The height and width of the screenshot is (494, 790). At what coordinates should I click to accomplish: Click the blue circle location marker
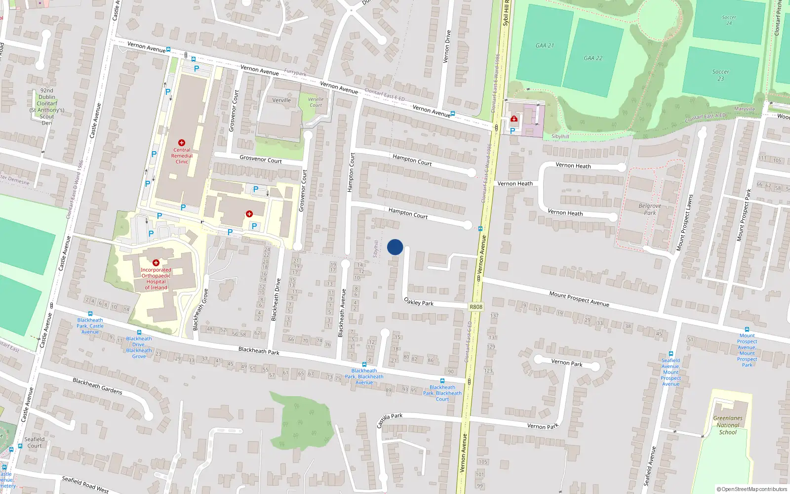click(x=395, y=247)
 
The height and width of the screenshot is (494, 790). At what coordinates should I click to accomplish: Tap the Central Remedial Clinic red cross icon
click(x=182, y=143)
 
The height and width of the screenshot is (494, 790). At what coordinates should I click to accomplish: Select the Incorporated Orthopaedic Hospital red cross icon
click(x=156, y=263)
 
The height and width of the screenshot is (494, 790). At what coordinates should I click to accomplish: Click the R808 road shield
click(x=476, y=307)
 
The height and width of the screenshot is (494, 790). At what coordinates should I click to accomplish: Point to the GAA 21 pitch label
click(x=545, y=45)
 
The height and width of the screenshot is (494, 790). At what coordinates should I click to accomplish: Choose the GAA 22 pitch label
click(x=593, y=58)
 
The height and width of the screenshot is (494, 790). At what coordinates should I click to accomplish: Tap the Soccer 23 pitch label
click(x=720, y=75)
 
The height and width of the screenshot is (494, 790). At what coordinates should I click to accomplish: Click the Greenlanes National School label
click(x=728, y=425)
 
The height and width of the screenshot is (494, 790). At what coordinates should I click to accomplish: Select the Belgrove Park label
click(x=650, y=209)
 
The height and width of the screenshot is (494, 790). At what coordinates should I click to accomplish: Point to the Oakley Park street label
click(x=419, y=301)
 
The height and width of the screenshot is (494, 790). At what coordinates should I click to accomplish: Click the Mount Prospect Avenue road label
click(x=579, y=298)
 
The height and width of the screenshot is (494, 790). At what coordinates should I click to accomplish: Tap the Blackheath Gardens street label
click(x=97, y=386)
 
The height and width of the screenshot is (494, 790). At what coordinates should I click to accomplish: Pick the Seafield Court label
click(x=35, y=442)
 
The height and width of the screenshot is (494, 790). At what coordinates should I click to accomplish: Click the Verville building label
click(x=281, y=100)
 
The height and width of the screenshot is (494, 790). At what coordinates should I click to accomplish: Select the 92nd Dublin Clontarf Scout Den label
click(x=47, y=107)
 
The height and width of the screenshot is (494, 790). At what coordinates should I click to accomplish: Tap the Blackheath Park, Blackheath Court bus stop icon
click(x=442, y=381)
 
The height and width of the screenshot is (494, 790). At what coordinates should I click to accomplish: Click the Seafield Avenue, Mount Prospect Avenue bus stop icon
click(x=671, y=354)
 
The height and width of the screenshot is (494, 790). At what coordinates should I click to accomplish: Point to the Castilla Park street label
click(x=390, y=420)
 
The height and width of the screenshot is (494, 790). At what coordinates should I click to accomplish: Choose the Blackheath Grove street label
click(x=200, y=310)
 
